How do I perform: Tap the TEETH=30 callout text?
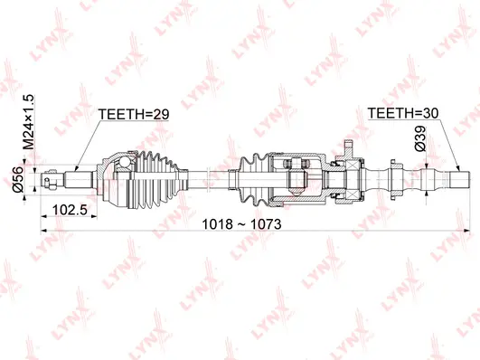[x=405, y=115]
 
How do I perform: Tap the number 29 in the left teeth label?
[x=161, y=115]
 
